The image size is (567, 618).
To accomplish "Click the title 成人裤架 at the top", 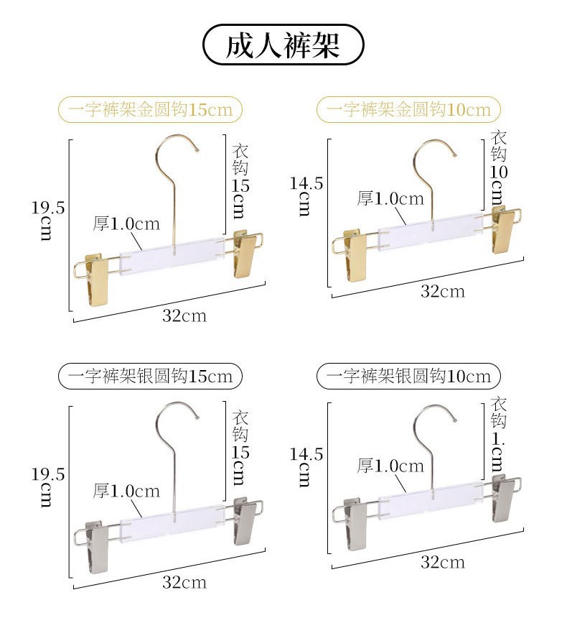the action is pyautogui.click(x=283, y=45).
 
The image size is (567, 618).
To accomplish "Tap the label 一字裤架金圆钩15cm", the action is pyautogui.click(x=150, y=110).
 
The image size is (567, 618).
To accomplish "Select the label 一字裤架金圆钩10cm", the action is pyautogui.click(x=408, y=109).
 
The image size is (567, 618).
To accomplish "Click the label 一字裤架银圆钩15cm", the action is pyautogui.click(x=150, y=375).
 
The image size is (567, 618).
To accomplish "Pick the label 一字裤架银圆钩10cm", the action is pyautogui.click(x=408, y=375).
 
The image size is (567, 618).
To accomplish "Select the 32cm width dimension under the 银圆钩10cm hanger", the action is pyautogui.click(x=442, y=561).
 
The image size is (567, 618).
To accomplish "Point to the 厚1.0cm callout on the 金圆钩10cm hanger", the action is pyautogui.click(x=390, y=199).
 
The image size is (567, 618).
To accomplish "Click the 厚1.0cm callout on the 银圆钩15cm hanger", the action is pyautogui.click(x=126, y=492).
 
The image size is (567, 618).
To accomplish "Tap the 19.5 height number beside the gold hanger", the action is pyautogui.click(x=48, y=208).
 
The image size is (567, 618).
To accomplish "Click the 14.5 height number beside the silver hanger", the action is pyautogui.click(x=306, y=454).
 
